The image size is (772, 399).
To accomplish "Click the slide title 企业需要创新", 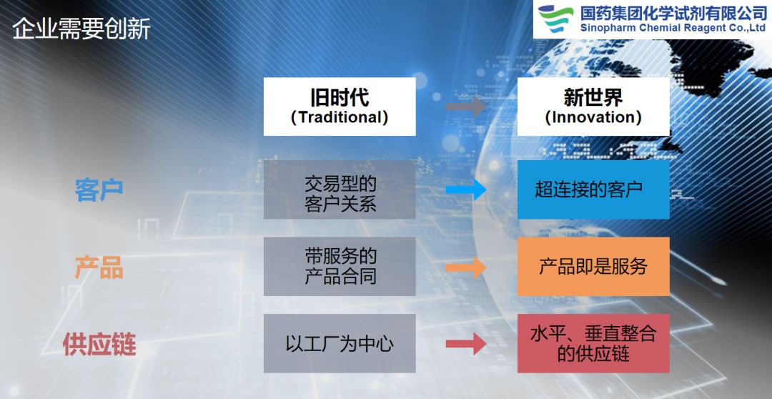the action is tap(81, 29).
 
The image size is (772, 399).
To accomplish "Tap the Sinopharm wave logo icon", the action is tap(555, 19).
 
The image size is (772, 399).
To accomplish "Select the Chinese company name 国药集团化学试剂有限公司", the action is tap(673, 13).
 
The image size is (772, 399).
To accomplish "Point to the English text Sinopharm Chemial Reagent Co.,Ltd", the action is tap(673, 28).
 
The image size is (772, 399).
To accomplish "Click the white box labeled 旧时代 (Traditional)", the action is tap(340, 107).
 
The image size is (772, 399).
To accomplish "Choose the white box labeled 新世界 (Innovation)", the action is tap(593, 107).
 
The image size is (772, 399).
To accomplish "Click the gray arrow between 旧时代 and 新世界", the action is tap(466, 107).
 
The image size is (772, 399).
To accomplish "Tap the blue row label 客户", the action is tap(99, 189).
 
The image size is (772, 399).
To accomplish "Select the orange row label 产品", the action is tap(99, 267).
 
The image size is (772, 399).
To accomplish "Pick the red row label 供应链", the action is tap(99, 344).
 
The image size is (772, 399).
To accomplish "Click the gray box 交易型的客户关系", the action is tap(340, 189).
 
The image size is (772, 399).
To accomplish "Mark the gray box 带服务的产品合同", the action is tap(340, 267).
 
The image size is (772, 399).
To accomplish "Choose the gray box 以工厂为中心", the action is tap(340, 343).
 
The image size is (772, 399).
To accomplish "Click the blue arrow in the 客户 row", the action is tap(466, 189).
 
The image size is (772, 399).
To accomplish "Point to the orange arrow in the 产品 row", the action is tap(466, 267).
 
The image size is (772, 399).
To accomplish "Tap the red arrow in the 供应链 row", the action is tap(466, 344).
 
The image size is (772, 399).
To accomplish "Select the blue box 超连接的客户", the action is tap(593, 189).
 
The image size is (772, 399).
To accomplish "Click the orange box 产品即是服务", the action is tap(593, 267).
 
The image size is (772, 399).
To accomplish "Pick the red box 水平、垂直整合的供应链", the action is tap(593, 343).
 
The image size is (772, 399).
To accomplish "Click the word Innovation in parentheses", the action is tap(593, 117).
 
